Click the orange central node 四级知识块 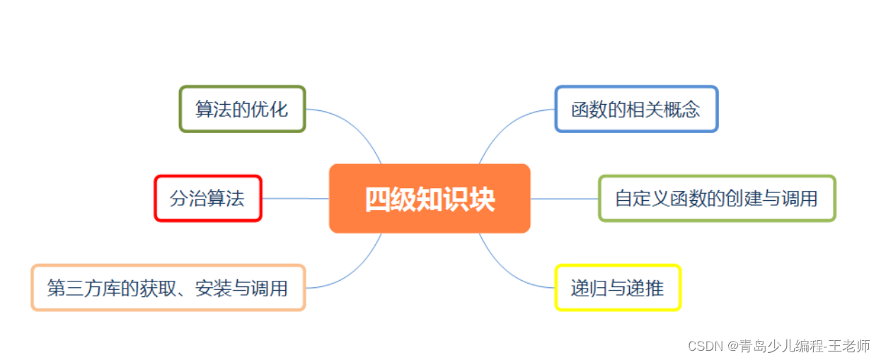pos(430,199)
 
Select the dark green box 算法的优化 pos(242,110)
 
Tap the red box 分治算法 pos(207,199)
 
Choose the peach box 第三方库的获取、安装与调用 pos(168,288)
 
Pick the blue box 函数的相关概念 pos(635,110)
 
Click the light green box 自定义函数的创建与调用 pos(716,199)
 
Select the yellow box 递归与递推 pos(617,288)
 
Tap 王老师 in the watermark pos(853,347)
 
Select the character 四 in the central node pos(377,199)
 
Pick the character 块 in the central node pos(483,199)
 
